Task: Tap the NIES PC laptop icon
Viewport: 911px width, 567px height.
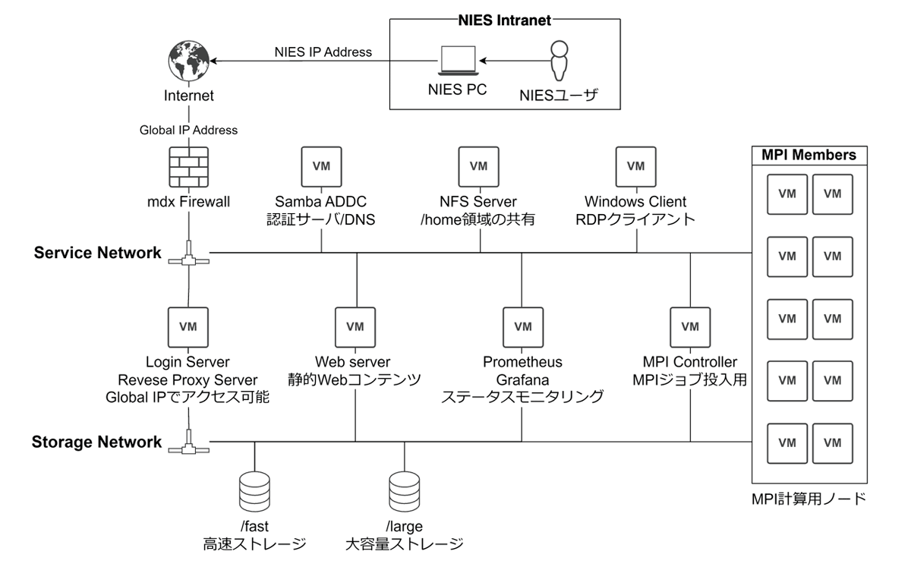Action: (x=458, y=61)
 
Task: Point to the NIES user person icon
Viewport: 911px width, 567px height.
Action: (x=559, y=61)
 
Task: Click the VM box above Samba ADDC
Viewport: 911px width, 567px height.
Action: (x=321, y=166)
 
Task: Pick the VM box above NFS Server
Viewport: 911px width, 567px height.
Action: (x=478, y=166)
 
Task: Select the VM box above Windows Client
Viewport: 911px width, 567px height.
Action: (x=635, y=166)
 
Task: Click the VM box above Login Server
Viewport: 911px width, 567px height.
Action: (x=188, y=326)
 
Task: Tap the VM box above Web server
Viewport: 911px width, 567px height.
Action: (x=355, y=326)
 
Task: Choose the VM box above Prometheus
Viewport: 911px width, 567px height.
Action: (x=522, y=326)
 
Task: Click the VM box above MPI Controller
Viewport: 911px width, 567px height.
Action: (x=690, y=326)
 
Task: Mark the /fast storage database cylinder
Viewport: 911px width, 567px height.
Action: (x=254, y=492)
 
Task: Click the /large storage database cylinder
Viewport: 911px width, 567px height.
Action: (x=404, y=492)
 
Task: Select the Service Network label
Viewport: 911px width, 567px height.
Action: (x=97, y=253)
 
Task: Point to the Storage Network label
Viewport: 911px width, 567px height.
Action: (x=96, y=442)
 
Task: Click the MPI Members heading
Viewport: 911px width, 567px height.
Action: (x=809, y=155)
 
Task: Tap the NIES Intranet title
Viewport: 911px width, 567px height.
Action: (x=505, y=20)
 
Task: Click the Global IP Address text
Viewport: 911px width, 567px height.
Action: (x=188, y=130)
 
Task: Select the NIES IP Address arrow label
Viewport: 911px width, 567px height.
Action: (x=323, y=52)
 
